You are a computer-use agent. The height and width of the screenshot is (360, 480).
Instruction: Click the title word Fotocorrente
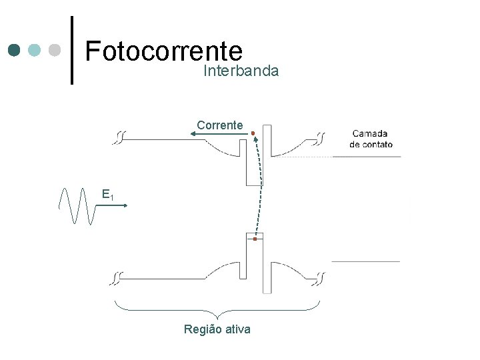point(163,50)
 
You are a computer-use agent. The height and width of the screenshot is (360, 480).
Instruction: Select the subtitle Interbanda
point(241,71)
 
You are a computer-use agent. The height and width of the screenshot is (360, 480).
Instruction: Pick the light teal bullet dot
point(35,50)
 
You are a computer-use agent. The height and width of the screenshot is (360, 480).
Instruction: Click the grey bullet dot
point(55,50)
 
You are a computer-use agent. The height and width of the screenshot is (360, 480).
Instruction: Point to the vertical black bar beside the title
point(72,50)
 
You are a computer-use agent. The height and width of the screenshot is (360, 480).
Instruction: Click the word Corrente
point(220,125)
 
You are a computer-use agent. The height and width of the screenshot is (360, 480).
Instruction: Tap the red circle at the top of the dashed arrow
point(253,134)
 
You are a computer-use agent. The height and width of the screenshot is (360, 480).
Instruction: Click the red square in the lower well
point(255,238)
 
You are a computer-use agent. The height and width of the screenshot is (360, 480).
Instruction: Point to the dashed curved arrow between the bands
point(260,187)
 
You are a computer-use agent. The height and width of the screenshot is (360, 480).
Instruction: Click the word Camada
point(370,133)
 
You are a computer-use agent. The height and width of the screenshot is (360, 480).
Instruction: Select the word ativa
point(237,329)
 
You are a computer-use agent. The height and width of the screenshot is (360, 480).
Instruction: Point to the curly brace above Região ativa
point(217,309)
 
